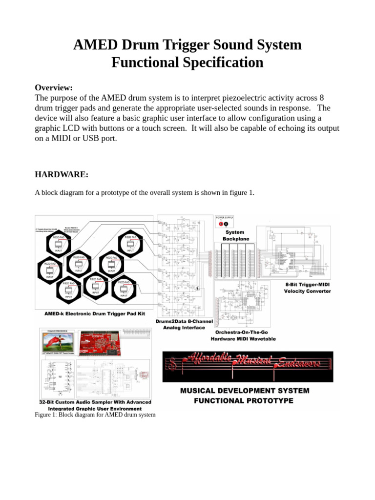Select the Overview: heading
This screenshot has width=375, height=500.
tap(54, 87)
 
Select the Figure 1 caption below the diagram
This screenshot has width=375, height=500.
tap(95, 415)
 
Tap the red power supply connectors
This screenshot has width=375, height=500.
tap(224, 224)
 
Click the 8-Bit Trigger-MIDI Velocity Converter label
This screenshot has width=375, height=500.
tap(307, 288)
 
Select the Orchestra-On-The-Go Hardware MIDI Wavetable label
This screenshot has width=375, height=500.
tap(243, 335)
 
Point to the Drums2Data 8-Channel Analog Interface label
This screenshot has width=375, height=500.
tap(180, 325)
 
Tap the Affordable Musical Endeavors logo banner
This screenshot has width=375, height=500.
tap(248, 366)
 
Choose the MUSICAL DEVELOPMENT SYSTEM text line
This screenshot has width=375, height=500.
tap(245, 391)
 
